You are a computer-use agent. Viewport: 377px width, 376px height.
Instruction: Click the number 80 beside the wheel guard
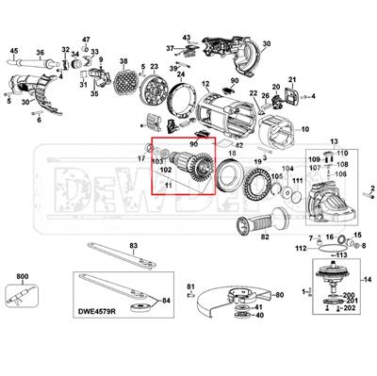pos(278,295)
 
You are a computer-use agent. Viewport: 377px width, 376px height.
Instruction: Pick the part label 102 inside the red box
pos(165,171)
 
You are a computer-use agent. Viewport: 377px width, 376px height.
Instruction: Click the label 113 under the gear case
pos(339,254)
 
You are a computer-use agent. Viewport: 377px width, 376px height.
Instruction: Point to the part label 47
pos(86,40)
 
